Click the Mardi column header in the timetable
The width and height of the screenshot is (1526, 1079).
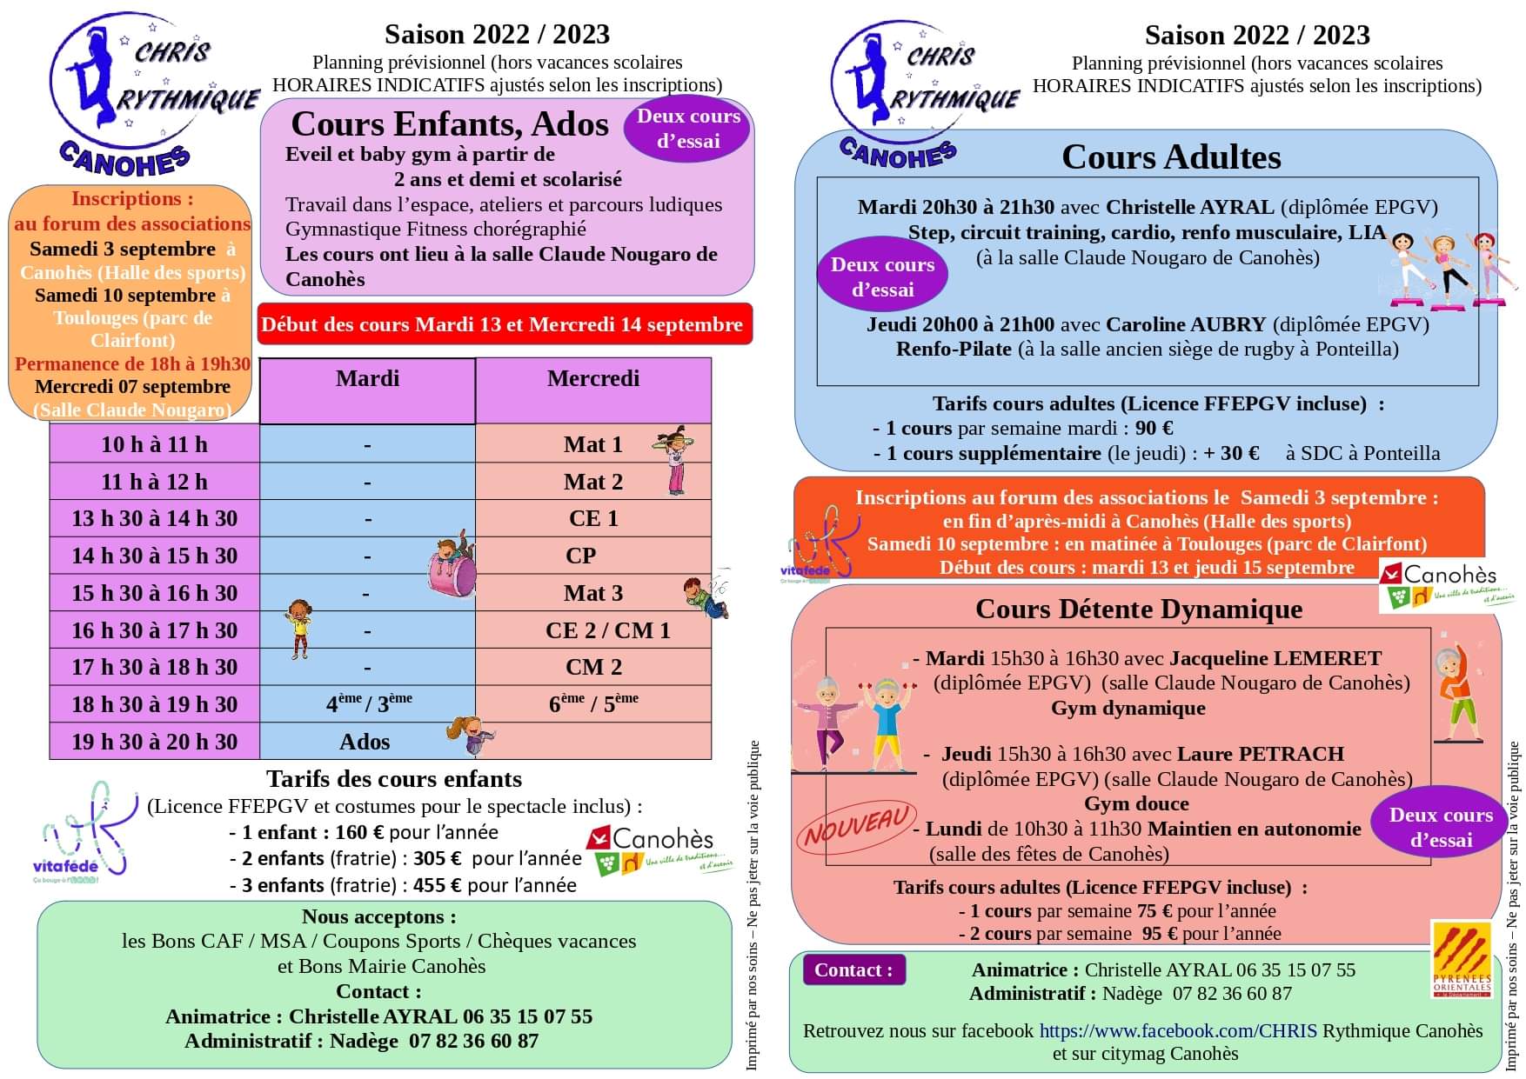pos(367,379)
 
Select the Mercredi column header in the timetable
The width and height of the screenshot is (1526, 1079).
pos(592,379)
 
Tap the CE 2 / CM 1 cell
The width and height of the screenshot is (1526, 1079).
pos(607,630)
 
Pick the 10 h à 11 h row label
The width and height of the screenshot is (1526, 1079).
pos(154,444)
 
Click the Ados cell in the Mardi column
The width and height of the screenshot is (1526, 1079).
pos(365,742)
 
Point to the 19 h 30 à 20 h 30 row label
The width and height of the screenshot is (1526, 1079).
pos(154,742)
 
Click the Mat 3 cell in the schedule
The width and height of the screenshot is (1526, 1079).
pos(592,593)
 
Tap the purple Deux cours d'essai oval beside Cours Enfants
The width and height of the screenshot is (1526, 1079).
pos(688,129)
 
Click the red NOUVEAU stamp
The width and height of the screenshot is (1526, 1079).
pos(856,827)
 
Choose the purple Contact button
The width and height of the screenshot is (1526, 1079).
pos(853,970)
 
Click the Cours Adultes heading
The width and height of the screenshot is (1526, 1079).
pos(1171,157)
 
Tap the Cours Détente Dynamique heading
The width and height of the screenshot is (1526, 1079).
pos(1139,609)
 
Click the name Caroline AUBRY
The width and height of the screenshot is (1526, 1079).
pos(1185,324)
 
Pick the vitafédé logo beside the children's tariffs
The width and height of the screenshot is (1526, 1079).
pos(83,830)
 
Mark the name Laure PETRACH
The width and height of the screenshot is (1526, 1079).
pos(1261,754)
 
